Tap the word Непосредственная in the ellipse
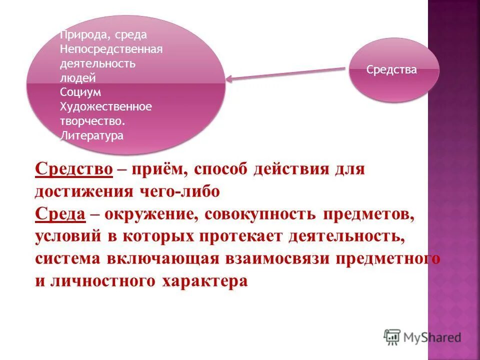(111, 49)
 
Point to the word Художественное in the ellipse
(105, 106)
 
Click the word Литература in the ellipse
(91, 135)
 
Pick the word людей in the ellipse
(77, 78)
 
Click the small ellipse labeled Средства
(393, 70)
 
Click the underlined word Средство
(73, 169)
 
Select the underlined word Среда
(59, 213)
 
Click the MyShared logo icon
(392, 337)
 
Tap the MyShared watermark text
(432, 338)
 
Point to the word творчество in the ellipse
(92, 121)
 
